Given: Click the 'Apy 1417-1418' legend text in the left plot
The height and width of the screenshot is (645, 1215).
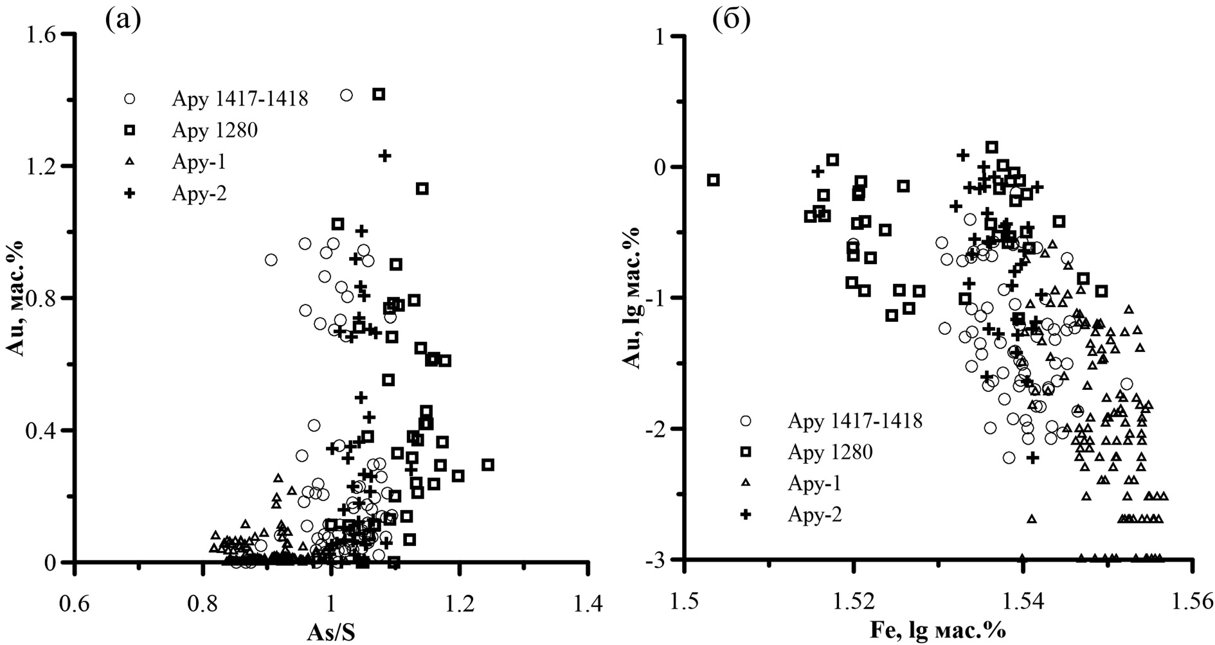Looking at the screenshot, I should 240,99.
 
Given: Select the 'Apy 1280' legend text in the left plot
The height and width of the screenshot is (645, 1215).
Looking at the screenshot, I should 215,130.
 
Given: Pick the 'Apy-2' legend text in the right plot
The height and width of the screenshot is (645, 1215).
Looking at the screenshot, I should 815,514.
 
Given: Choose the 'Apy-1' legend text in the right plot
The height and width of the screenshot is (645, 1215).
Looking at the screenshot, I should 815,482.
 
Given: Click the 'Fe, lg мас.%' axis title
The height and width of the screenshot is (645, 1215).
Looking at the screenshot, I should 939,628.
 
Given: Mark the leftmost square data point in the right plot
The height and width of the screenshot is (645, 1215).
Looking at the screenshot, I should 713,180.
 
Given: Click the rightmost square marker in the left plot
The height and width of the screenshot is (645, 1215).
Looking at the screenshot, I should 488,464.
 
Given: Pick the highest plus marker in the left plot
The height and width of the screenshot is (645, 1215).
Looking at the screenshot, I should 384,155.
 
